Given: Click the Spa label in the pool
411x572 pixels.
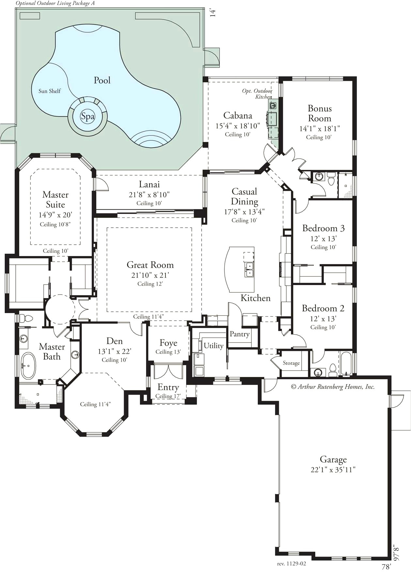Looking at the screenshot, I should coord(88,116).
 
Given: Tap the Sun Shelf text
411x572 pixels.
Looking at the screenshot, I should coord(50,91).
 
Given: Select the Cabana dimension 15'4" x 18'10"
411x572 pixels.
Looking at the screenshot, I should coord(237,126).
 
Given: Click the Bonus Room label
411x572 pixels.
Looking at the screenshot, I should coord(320,113).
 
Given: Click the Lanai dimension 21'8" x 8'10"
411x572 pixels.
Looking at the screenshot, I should coord(149,195).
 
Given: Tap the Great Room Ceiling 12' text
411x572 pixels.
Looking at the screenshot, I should coord(150,284).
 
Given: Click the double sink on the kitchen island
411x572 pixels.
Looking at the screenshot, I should coord(249,269).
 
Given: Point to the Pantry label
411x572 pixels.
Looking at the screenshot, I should coord(239,334).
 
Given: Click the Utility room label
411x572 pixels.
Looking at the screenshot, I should coord(213,346).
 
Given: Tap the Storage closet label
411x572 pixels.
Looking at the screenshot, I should coord(291,363).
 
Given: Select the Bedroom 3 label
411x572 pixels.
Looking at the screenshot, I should coord(323,228).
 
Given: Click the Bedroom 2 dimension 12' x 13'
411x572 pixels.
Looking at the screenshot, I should coord(323,319).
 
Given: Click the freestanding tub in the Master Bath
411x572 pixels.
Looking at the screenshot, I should coord(28,365).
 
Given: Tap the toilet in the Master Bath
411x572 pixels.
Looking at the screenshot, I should coord(27,318).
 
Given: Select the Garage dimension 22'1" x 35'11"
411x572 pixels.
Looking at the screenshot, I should coord(333,470).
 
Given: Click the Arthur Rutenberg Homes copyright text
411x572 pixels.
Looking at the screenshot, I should coord(333,387).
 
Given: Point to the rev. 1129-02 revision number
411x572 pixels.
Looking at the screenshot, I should coord(291,563).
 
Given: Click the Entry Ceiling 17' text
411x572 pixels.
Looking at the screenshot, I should coord(168,396).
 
